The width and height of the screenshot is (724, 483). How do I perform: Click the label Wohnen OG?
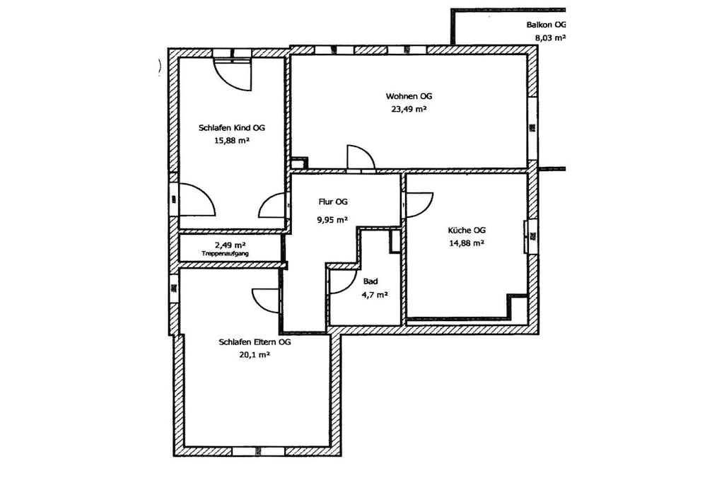409,96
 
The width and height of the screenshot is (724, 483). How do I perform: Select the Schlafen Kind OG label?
232,128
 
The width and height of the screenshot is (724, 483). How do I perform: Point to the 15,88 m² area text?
232,141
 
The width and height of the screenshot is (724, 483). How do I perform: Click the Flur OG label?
333,202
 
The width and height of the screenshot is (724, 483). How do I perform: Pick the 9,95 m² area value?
332,220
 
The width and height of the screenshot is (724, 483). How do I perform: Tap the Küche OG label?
467,230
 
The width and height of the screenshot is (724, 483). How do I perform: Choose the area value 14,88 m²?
467,243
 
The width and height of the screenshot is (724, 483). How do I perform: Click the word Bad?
370,281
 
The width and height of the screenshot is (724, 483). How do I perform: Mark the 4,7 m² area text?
375,295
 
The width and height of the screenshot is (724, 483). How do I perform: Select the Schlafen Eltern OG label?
255,342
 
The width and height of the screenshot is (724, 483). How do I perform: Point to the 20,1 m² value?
255,355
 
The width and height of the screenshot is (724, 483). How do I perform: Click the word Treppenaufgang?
226,253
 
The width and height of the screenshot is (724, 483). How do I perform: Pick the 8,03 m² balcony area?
550,38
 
